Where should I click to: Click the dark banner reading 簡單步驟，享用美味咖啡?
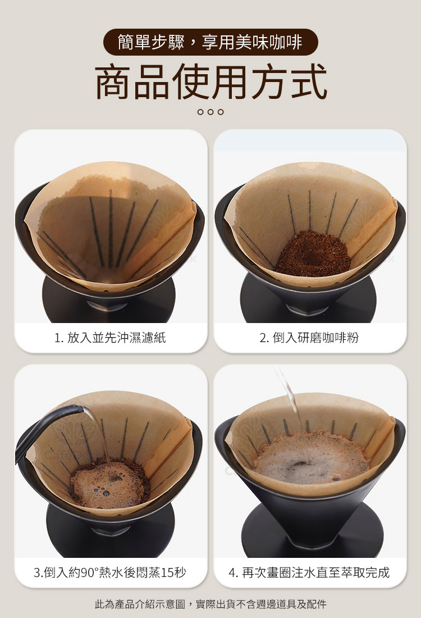(210, 42)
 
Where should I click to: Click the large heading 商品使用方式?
(211, 82)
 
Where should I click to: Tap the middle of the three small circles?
(210, 112)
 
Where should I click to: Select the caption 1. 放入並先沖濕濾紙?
(110, 338)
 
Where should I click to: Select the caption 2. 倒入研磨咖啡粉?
(309, 338)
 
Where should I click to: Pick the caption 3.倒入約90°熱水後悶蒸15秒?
(110, 572)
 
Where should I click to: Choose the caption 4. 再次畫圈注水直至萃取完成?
(309, 572)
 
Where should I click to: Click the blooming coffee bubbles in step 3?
(109, 485)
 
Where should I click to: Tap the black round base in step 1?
(109, 303)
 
